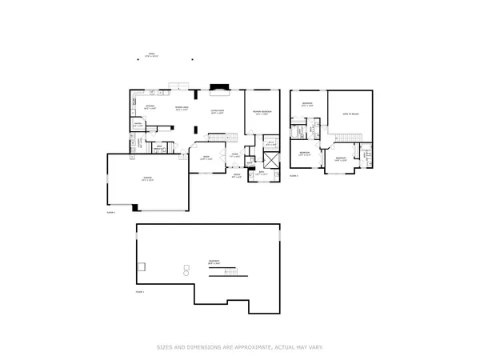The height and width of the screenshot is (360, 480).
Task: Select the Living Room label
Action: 217,112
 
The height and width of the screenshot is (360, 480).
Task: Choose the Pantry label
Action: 137,124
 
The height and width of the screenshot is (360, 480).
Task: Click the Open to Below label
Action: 350,114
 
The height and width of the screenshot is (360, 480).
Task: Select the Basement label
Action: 214,262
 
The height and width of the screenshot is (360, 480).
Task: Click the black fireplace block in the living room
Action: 217,88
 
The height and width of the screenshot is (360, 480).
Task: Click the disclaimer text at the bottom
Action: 240,347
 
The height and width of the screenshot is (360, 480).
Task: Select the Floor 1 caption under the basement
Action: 140,293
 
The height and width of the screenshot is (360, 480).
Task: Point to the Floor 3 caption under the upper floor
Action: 294,175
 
